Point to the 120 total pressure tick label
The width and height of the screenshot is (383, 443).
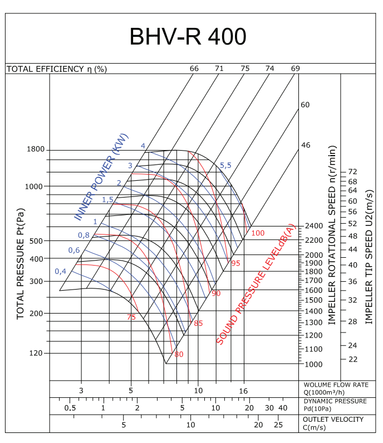pyautogui.click(x=36, y=353)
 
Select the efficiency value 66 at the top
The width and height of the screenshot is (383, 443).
pyautogui.click(x=194, y=69)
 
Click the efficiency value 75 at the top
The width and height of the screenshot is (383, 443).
pyautogui.click(x=245, y=69)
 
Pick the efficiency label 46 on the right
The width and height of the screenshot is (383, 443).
pyautogui.click(x=305, y=145)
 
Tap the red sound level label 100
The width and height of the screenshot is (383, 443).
pyautogui.click(x=258, y=232)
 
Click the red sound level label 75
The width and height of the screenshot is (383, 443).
pyautogui.click(x=131, y=317)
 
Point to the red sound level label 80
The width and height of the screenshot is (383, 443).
pyautogui.click(x=179, y=354)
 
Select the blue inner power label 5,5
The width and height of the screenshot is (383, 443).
pyautogui.click(x=225, y=165)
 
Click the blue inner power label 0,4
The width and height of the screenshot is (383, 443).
pyautogui.click(x=61, y=271)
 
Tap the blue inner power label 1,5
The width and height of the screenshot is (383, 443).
pyautogui.click(x=107, y=200)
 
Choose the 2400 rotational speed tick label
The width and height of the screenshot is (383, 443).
pyautogui.click(x=313, y=226)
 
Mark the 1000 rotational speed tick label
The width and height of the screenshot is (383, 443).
pyautogui.click(x=313, y=364)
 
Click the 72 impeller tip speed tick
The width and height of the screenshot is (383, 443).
pyautogui.click(x=352, y=171)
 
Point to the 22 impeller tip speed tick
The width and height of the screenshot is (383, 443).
pyautogui.click(x=352, y=359)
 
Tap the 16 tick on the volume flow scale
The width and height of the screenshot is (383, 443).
pyautogui.click(x=243, y=391)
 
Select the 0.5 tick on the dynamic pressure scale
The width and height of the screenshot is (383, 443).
pyautogui.click(x=70, y=408)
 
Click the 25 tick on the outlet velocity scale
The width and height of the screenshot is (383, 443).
pyautogui.click(x=278, y=425)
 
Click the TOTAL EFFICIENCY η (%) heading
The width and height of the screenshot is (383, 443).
pyautogui.click(x=56, y=69)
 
